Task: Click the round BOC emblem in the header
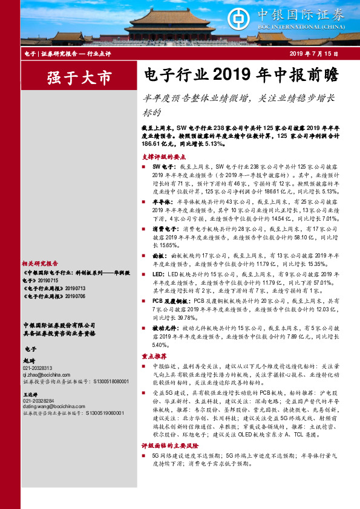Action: coord(237,18)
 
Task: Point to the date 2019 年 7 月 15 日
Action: coord(313,54)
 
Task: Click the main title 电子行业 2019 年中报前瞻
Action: coord(238,76)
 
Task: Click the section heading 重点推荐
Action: coord(154,356)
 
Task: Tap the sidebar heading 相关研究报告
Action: coord(40,264)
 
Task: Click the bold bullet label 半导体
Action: coord(160,201)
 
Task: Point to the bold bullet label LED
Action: coord(157,274)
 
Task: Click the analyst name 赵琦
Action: coord(29,360)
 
